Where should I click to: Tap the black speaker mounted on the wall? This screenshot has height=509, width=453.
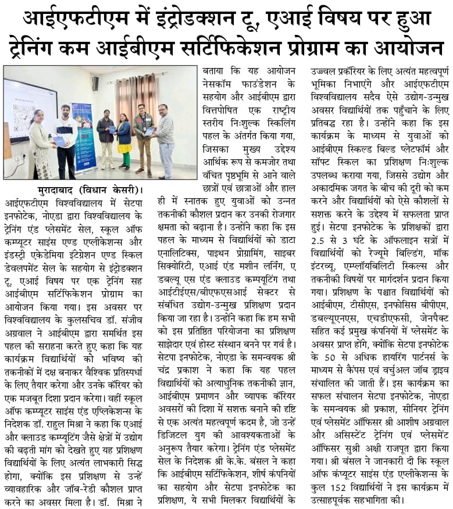[x=95, y=83]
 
